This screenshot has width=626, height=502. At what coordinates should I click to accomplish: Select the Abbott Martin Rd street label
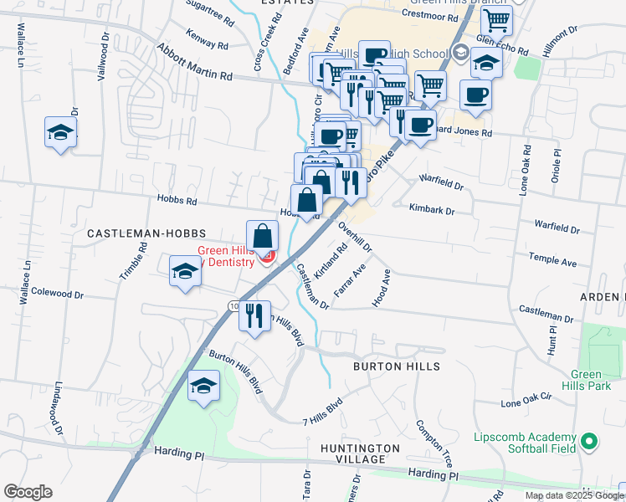coord(194,64)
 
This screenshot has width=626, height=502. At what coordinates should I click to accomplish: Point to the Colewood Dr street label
coord(57,294)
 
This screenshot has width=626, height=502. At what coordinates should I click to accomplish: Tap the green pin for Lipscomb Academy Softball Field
coord(588,439)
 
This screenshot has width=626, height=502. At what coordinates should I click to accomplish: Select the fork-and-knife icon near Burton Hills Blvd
coord(254,316)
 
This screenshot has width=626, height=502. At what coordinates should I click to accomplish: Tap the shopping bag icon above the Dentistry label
coord(262,236)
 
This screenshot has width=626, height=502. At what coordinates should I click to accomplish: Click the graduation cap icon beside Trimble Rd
coord(185,271)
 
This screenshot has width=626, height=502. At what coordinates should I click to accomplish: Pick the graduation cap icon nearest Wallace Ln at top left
coord(60,132)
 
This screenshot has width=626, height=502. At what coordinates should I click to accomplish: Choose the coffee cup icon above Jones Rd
coord(475,95)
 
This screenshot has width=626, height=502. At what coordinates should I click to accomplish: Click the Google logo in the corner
coord(28,492)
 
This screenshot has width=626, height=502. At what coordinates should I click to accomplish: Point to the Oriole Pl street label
coord(556,166)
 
